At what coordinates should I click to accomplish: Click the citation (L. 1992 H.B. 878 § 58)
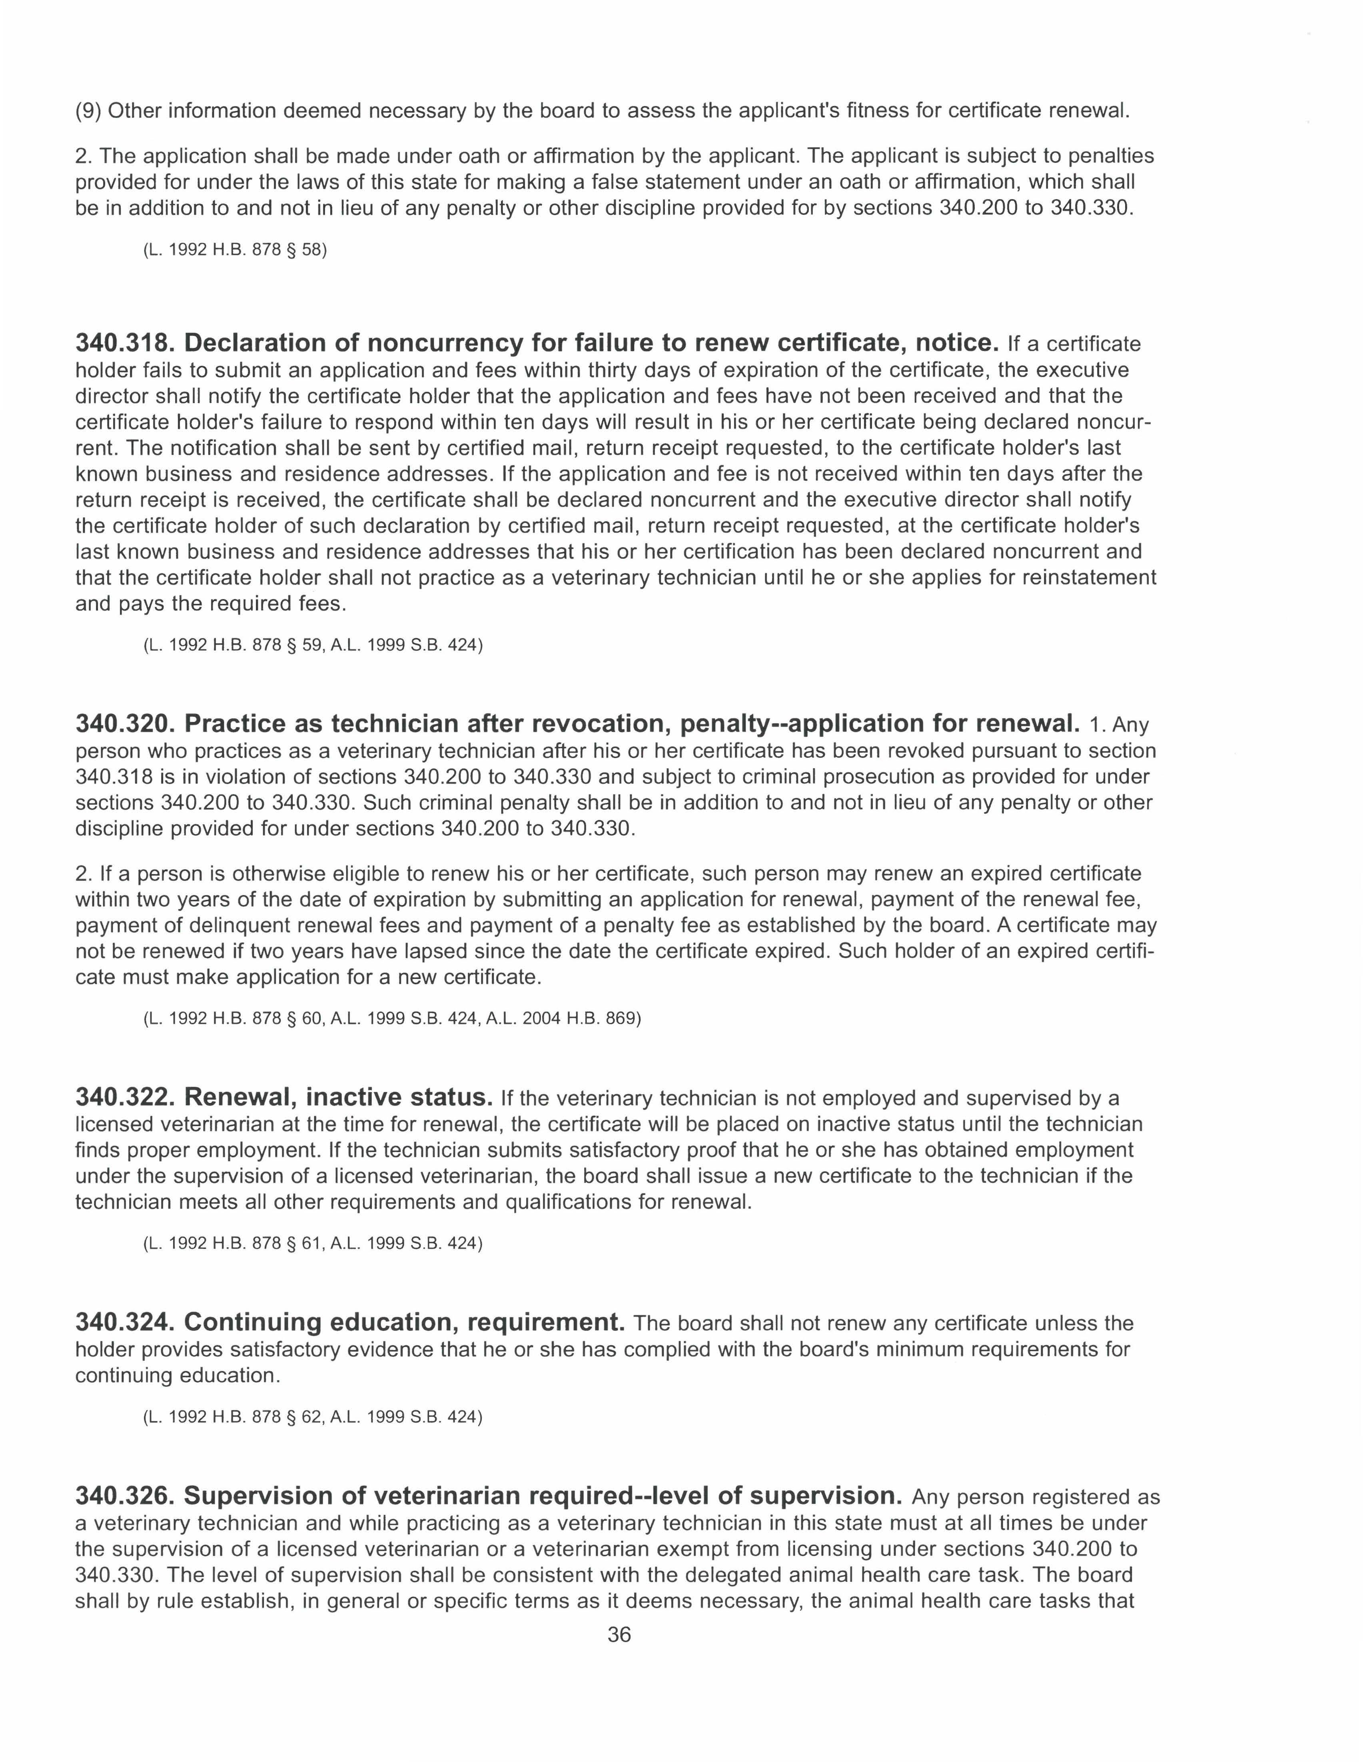pyautogui.click(x=235, y=250)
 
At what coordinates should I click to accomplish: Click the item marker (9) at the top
pyautogui.click(x=88, y=110)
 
